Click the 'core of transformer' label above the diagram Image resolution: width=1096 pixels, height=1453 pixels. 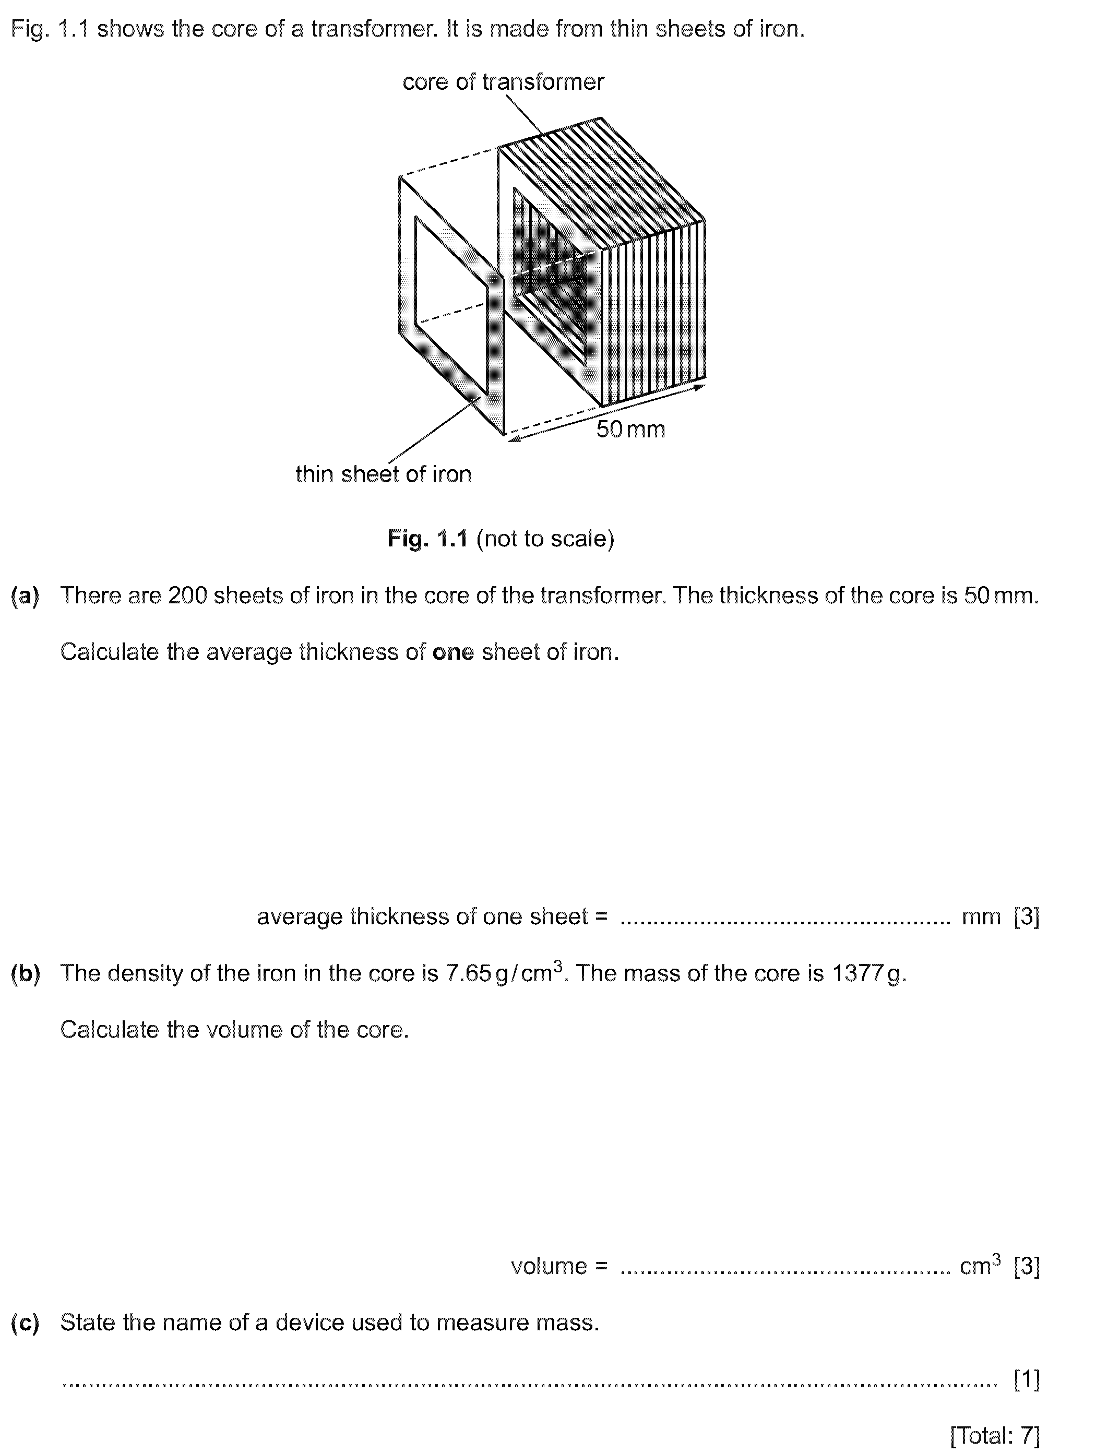click(x=503, y=82)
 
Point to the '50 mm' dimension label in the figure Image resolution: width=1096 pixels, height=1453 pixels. click(x=630, y=430)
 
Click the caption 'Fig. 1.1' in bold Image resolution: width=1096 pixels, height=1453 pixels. click(x=427, y=539)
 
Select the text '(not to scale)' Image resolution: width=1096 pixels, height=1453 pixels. click(x=545, y=539)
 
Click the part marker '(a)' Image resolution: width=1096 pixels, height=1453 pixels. click(x=25, y=596)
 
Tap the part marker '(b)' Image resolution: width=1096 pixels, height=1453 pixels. click(x=25, y=973)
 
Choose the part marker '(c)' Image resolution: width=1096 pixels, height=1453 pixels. click(x=25, y=1323)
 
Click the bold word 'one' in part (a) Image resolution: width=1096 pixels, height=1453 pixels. click(x=453, y=652)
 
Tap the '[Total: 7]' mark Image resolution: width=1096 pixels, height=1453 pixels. click(x=995, y=1435)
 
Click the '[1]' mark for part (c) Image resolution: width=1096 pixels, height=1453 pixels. click(x=1027, y=1379)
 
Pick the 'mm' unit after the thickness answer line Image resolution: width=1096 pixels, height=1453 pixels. click(x=981, y=917)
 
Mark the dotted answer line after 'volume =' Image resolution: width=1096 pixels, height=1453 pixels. click(x=785, y=1268)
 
